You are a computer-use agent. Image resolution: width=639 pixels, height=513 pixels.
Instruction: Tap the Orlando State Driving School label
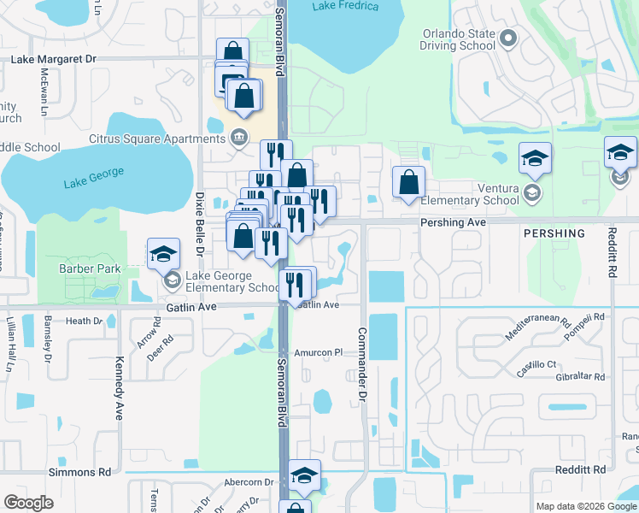459,39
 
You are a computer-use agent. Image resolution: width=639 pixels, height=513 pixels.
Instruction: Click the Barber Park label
90,269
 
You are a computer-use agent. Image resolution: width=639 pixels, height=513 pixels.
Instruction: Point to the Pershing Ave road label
453,221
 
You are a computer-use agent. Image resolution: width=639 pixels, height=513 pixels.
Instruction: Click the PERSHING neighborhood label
554,233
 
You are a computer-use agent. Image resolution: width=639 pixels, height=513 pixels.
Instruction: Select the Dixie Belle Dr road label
201,224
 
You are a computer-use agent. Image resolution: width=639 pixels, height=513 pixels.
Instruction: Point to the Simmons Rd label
80,471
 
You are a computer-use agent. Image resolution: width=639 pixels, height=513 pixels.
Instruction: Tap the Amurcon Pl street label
318,351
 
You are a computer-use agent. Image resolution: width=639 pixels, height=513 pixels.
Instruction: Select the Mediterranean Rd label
537,329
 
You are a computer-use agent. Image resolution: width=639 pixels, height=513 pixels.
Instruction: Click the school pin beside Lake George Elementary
163,255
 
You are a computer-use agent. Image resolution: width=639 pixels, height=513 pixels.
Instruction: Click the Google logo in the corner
28,503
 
